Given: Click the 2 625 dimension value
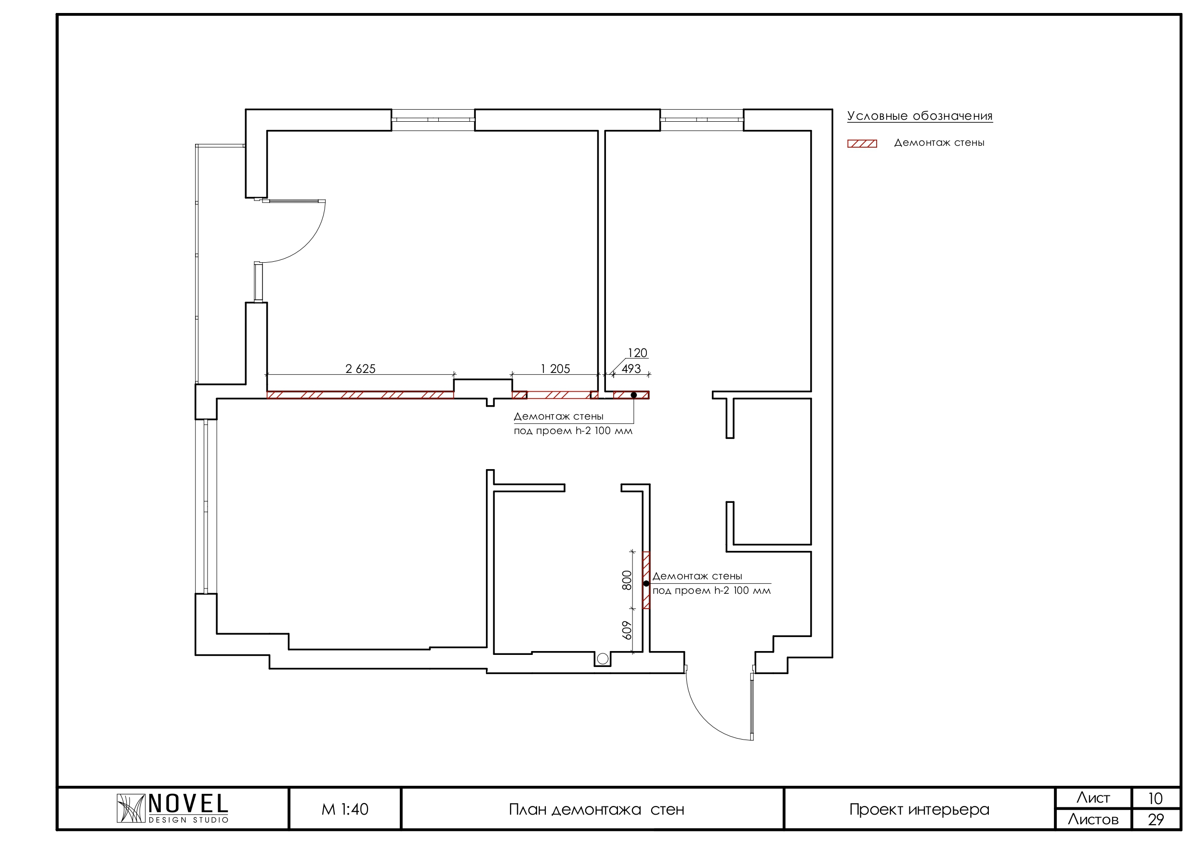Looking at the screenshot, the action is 360,369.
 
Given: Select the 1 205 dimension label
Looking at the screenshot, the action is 555,369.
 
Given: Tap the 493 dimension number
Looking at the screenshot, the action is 631,369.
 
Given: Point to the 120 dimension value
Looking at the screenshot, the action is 638,353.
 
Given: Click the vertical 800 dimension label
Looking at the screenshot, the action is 627,580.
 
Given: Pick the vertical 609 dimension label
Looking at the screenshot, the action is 627,630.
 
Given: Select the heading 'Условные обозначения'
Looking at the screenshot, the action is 919,116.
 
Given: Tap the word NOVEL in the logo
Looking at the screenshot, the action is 188,804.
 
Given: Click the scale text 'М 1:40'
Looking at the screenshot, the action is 345,809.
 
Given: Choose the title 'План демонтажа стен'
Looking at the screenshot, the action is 596,810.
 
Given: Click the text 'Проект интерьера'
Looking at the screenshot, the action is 919,810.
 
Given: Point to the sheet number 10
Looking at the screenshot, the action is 1156,798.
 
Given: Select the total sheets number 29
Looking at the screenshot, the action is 1156,820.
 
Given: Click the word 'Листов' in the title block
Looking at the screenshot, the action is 1093,820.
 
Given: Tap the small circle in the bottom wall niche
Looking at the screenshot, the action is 603,659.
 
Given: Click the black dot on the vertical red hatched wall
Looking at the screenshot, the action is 646,584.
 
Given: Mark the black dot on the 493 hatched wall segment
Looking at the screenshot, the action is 634,395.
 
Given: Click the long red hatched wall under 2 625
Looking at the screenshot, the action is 360,395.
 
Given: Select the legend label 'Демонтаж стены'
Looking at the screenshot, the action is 939,143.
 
